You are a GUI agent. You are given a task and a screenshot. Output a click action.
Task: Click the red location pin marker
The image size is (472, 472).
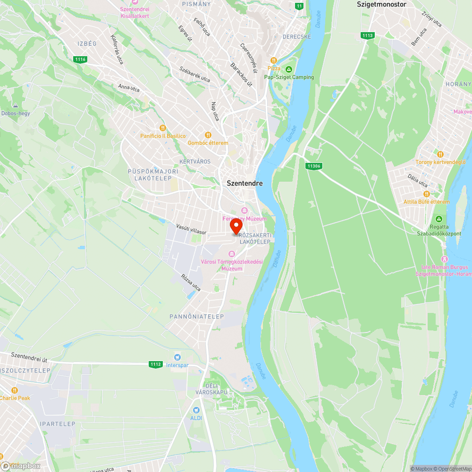pyautogui.click(x=236, y=227)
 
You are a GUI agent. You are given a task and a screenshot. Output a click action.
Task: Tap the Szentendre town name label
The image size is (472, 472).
pyautogui.click(x=244, y=183)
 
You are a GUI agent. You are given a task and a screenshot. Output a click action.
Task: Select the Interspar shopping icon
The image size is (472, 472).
pyautogui.click(x=177, y=357)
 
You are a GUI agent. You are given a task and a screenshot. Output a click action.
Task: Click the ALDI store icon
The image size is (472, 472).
pyautogui.click(x=196, y=410)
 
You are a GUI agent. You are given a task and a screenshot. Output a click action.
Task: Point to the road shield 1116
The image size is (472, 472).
pyautogui.click(x=80, y=59)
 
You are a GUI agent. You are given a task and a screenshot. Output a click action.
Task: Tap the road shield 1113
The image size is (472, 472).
pyautogui.click(x=367, y=35)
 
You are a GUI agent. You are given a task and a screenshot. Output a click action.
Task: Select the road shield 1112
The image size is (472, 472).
pyautogui.click(x=155, y=364)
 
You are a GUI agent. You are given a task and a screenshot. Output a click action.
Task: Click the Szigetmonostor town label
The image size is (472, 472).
pyautogui.click(x=381, y=4)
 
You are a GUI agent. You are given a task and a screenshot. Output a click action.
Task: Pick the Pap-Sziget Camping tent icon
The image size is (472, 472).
pyautogui.click(x=289, y=69)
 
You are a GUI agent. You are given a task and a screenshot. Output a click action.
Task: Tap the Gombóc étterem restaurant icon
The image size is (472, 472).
pyautogui.click(x=208, y=135)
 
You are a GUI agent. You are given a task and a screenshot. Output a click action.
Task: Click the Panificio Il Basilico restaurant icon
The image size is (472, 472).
pyautogui.click(x=163, y=128)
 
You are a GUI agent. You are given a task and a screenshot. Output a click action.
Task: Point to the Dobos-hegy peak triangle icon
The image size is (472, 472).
pyautogui.click(x=16, y=105)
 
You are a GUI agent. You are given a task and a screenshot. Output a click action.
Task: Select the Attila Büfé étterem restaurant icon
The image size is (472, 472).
pyautogui.click(x=427, y=194)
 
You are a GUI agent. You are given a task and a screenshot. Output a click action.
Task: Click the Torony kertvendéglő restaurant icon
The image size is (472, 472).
pyautogui.click(x=440, y=154)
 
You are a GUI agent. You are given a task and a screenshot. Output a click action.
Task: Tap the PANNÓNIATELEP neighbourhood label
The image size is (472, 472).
pyautogui.click(x=197, y=316)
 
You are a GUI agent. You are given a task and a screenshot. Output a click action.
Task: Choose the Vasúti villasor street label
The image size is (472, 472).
pyautogui.click(x=191, y=229)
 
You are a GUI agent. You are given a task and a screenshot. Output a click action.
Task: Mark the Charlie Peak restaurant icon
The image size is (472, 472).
pyautogui.click(x=15, y=390)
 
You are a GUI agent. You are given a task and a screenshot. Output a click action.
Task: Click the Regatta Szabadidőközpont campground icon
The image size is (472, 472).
pyautogui.click(x=439, y=219)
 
